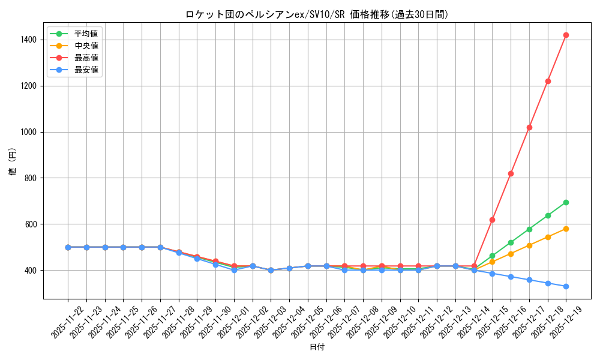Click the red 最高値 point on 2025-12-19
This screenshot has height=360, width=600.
click(566, 35)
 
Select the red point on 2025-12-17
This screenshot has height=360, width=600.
click(529, 127)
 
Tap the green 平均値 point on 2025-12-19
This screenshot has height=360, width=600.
click(566, 202)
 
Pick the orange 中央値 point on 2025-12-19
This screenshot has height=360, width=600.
click(566, 229)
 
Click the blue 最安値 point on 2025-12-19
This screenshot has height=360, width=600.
click(566, 286)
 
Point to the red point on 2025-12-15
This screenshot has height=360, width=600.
click(492, 220)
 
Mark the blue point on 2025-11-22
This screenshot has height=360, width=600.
click(68, 247)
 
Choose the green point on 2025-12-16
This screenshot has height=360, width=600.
click(511, 242)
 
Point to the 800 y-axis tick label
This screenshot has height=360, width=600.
click(30, 178)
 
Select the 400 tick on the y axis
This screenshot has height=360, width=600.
click(30, 271)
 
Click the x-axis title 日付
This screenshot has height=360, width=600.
click(317, 347)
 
